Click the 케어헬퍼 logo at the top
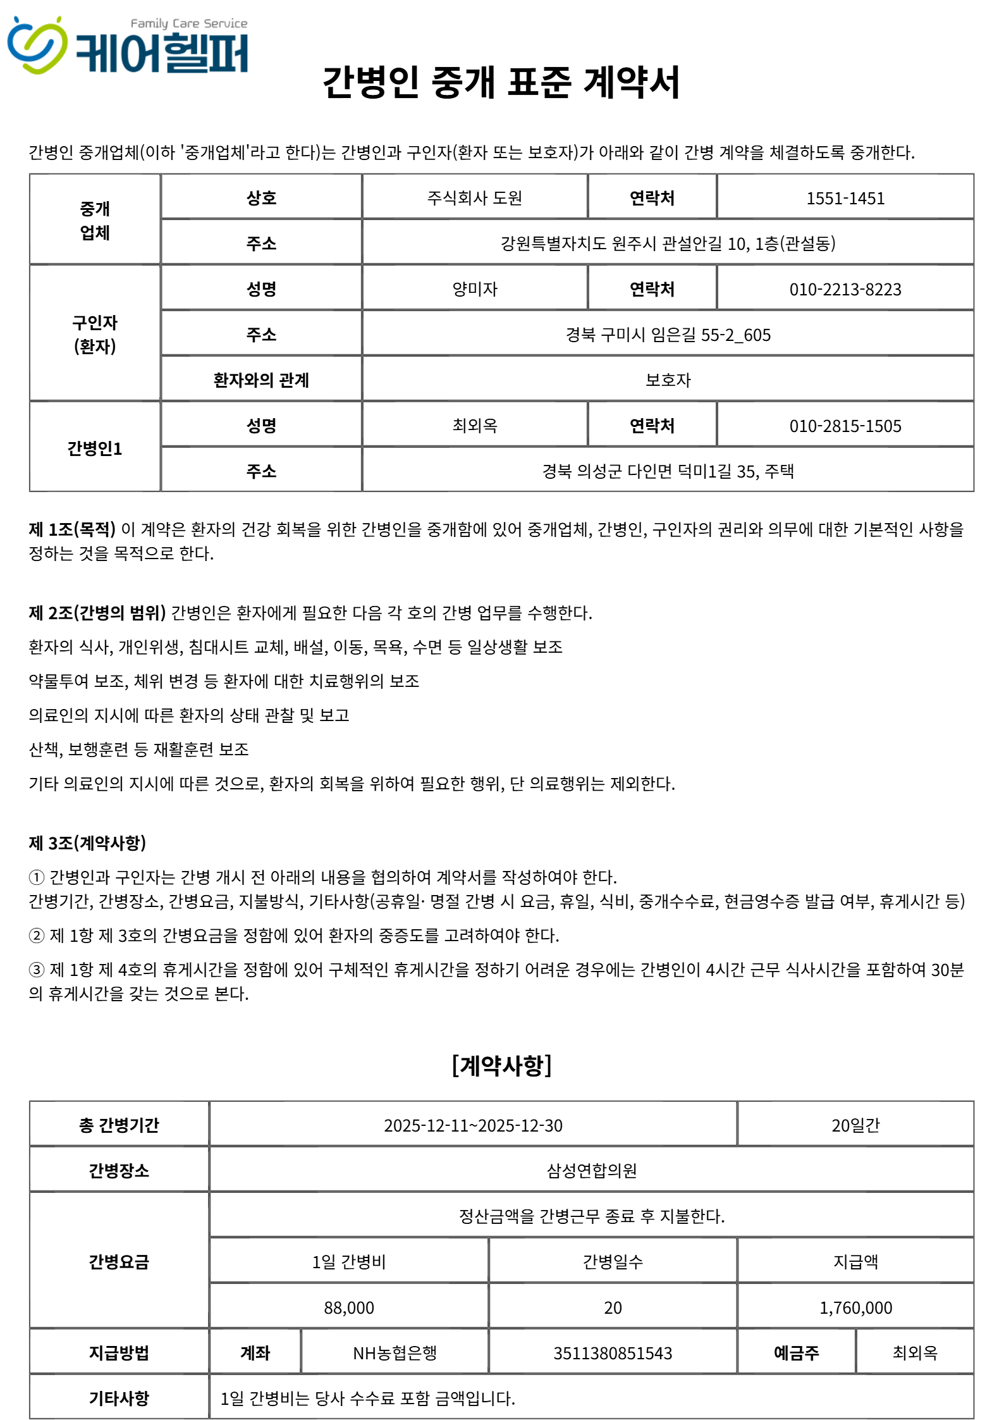click(x=128, y=46)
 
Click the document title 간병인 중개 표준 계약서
click(x=501, y=83)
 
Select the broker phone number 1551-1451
click(x=845, y=199)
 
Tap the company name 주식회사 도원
click(x=475, y=199)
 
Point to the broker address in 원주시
click(x=668, y=244)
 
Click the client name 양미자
click(x=475, y=289)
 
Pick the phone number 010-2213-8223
click(x=845, y=290)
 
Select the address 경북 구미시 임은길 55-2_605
click(x=668, y=335)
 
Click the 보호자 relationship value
click(x=668, y=380)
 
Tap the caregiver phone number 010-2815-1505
click(x=845, y=426)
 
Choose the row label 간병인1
click(x=95, y=448)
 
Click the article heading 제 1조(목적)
click(x=72, y=529)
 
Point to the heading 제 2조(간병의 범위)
click(x=97, y=613)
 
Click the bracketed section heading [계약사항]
click(x=501, y=1065)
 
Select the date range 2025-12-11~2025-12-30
click(x=473, y=1125)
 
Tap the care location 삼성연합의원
click(x=591, y=1171)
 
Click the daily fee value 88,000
click(x=349, y=1307)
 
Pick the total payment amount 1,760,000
click(x=855, y=1307)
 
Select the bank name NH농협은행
click(x=395, y=1353)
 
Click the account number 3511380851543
click(x=612, y=1353)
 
